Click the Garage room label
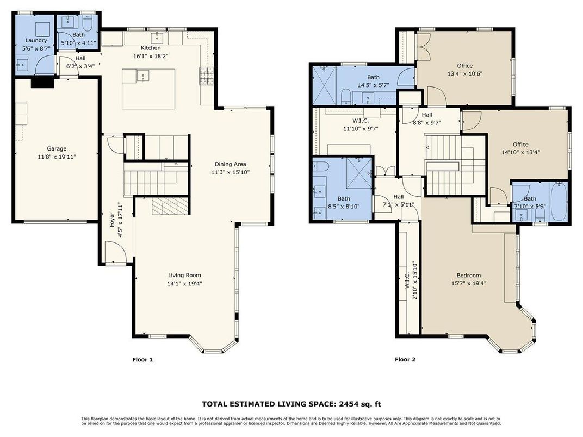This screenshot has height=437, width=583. point(56,148)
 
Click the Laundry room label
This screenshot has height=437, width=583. point(36,40)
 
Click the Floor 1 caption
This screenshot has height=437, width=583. point(143,359)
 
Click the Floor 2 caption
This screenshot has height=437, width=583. point(405,359)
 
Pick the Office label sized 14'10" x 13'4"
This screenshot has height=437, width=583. point(520,145)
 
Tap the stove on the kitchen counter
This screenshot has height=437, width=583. point(207,76)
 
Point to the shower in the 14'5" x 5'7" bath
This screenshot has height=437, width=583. point(323,85)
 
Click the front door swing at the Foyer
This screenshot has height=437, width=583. point(116,251)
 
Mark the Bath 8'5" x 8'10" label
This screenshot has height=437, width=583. point(344,199)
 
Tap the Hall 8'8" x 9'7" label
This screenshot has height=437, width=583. point(427,115)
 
